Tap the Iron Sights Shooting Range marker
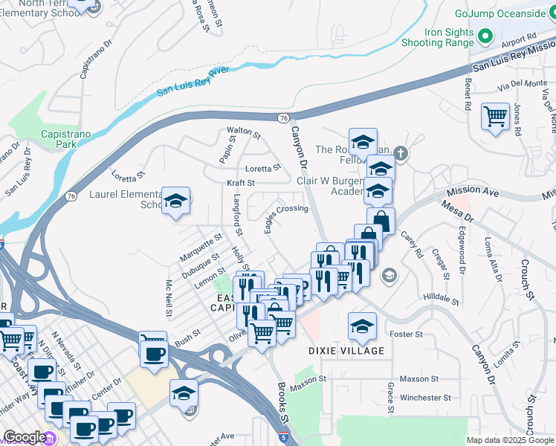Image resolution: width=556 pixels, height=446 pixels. [485, 36]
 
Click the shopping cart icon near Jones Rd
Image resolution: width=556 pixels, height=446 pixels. [494, 116]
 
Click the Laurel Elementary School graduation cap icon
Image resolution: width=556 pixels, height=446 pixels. [176, 201]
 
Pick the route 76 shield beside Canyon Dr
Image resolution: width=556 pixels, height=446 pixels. [284, 118]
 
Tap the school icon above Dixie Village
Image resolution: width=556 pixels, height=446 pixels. [362, 326]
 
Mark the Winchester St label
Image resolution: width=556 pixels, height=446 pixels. [425, 397]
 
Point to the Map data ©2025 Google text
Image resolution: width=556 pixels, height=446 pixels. [510, 440]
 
